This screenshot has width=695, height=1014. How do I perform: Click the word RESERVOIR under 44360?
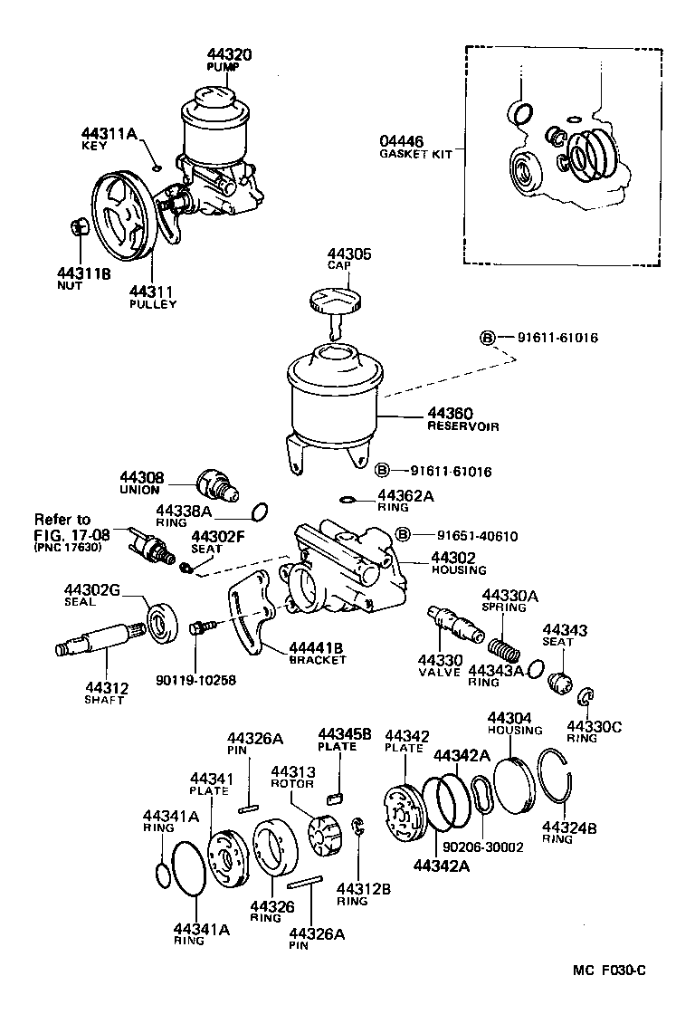(463, 426)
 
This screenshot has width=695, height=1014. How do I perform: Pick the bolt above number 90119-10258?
(202, 627)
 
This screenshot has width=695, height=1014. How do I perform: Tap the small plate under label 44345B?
(336, 798)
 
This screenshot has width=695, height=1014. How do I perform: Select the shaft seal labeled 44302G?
(164, 623)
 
